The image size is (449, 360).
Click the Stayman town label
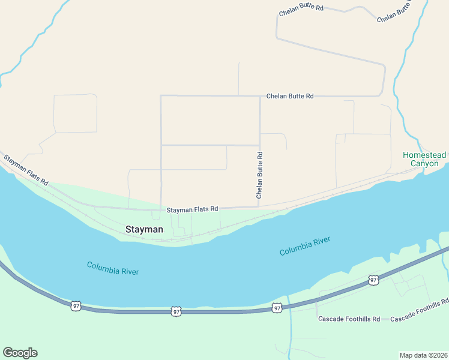143,229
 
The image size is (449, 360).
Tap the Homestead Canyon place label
424,159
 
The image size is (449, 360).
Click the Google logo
20,353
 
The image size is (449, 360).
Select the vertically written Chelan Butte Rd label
260,175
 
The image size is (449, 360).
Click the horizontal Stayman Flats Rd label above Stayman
192,210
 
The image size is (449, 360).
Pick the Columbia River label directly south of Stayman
113,268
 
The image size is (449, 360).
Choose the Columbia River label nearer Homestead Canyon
305,246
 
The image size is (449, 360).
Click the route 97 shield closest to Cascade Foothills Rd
373,280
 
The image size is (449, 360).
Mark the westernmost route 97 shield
76,305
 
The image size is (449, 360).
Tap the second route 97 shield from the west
175,311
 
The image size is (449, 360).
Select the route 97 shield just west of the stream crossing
276,308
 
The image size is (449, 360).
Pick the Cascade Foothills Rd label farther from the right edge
349,319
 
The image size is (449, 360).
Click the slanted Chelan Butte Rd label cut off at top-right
396,13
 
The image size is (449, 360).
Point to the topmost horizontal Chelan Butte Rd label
301,8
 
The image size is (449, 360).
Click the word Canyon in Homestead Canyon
424,163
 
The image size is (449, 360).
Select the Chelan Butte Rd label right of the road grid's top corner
290,96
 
